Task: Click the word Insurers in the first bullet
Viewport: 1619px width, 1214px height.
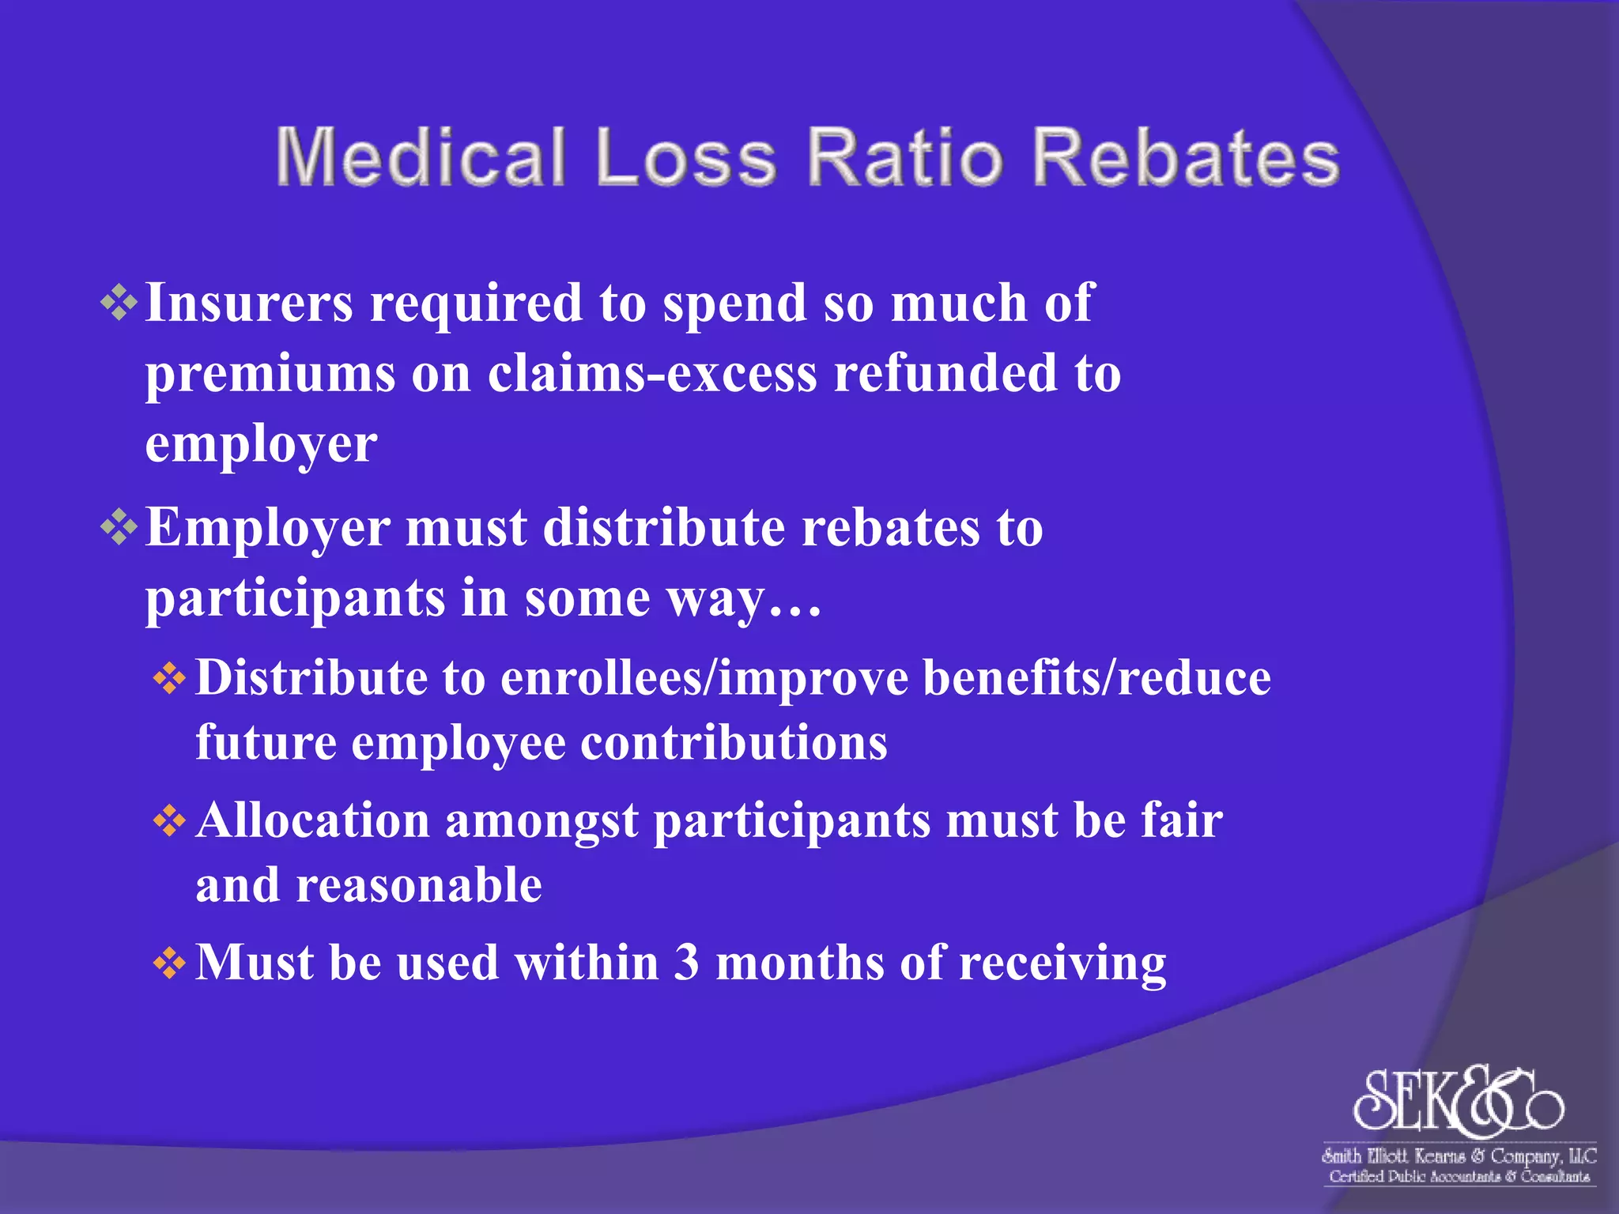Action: tap(249, 303)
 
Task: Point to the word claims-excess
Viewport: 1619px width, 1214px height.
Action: tap(652, 373)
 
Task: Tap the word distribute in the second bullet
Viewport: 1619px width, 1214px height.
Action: tap(664, 527)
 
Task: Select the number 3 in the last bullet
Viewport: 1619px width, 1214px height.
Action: tap(687, 963)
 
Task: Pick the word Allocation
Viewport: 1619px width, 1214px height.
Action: tap(312, 820)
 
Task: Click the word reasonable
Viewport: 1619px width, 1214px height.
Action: tap(419, 885)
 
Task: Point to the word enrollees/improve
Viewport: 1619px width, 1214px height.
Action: tap(704, 679)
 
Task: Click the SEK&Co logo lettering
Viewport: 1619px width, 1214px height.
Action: tap(1459, 1100)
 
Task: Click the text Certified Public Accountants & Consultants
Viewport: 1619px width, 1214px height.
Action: tap(1459, 1177)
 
